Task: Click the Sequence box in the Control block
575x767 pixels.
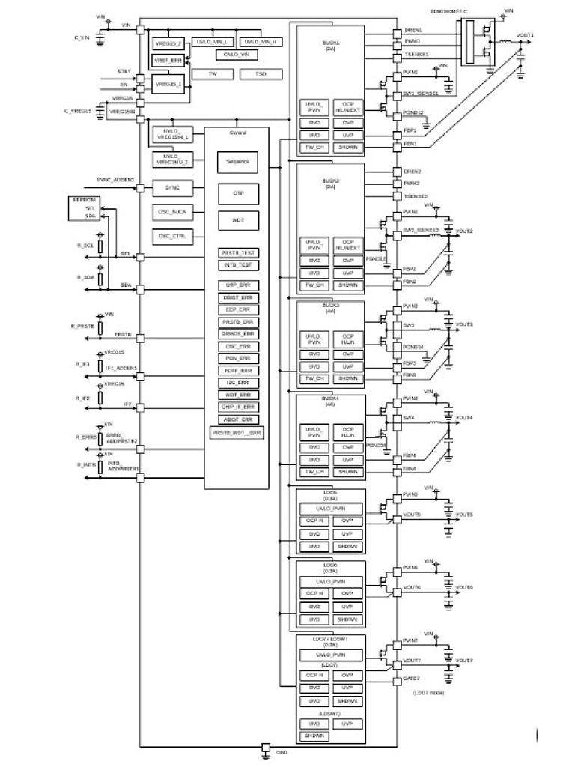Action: (237, 162)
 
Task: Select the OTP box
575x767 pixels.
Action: (237, 192)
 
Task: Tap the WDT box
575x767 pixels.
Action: (237, 220)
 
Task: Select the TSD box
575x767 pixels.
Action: (260, 74)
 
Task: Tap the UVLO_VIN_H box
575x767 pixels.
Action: (263, 42)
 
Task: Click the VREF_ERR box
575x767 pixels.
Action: (168, 59)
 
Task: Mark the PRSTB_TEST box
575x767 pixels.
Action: (237, 252)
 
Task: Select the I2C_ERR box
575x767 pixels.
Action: (237, 382)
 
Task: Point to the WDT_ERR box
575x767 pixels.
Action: (237, 394)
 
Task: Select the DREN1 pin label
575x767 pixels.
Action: (413, 30)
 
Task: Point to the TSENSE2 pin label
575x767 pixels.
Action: (416, 196)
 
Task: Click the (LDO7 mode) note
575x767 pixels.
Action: (428, 693)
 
